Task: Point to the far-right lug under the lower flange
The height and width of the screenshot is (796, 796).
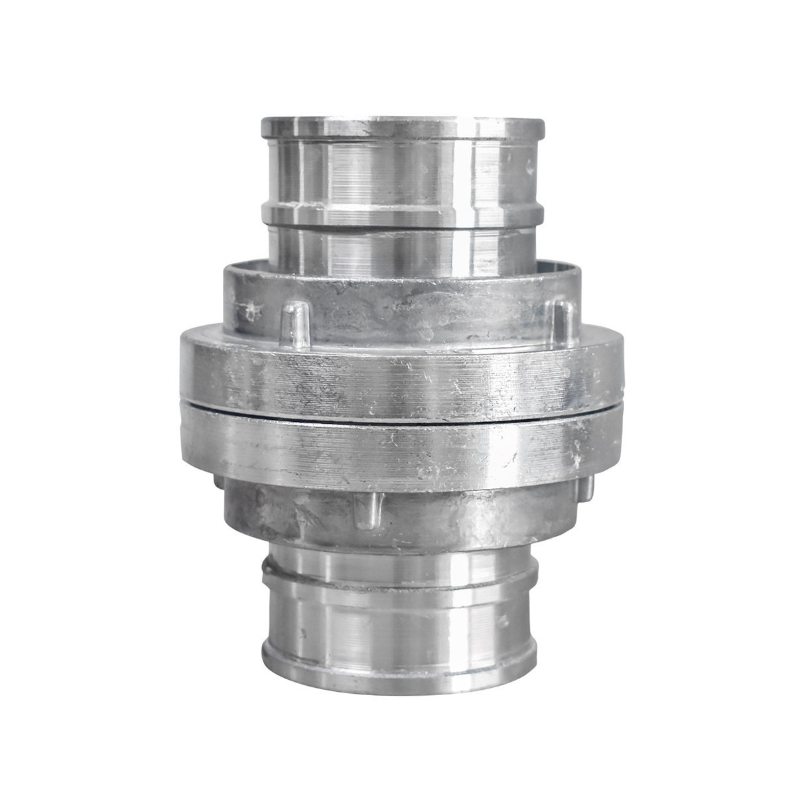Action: [x=586, y=488]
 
